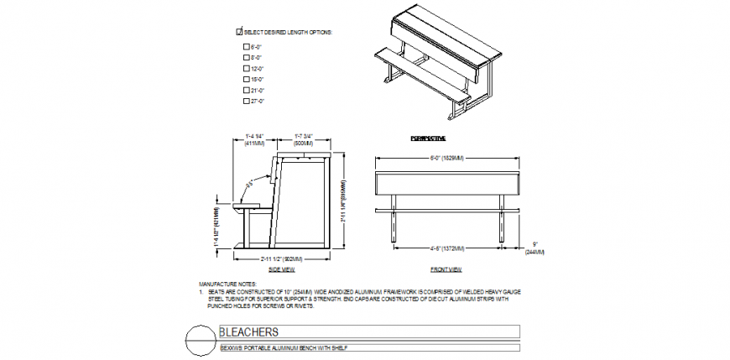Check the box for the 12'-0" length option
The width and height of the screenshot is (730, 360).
point(246,68)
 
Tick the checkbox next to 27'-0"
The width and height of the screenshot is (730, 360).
point(246,101)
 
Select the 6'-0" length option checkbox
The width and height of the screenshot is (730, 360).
point(246,46)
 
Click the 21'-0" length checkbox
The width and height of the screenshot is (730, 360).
point(246,90)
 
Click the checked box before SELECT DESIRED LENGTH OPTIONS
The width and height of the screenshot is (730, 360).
point(240,31)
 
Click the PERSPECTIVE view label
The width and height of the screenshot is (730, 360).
point(428,138)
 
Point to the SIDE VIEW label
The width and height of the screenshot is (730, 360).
point(281,269)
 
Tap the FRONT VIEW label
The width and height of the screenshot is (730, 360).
point(446,269)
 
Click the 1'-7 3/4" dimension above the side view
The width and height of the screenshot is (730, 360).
point(304,139)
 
